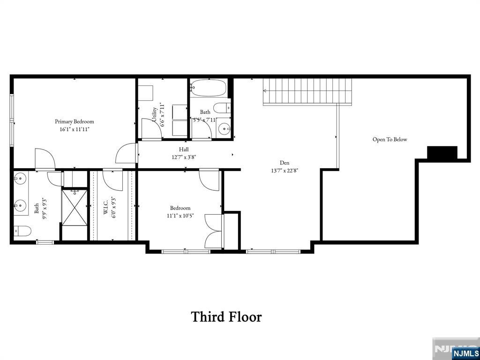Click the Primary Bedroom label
(75, 121)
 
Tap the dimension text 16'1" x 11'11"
(75, 129)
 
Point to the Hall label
(184, 150)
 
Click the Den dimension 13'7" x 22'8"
(285, 171)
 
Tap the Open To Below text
(390, 139)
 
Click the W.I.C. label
(105, 208)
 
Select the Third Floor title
(226, 316)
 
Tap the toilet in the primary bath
(22, 231)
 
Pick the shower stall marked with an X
(75, 208)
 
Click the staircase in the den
(307, 91)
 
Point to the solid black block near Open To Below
(442, 153)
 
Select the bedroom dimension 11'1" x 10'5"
(180, 216)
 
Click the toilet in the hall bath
(222, 108)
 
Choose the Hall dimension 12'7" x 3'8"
(184, 157)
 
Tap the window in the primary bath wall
(45, 242)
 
